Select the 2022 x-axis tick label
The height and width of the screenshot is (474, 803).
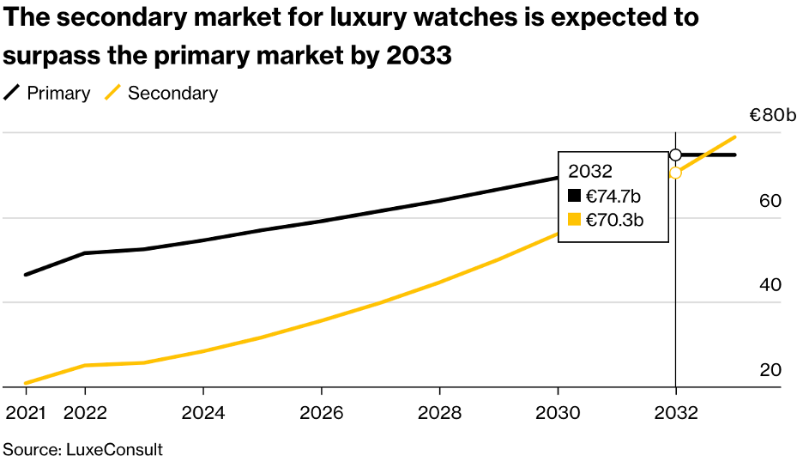[x=85, y=413]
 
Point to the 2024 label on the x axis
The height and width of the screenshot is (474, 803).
[x=203, y=413]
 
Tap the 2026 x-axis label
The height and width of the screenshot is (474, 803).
[x=322, y=413]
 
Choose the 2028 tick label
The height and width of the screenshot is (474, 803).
[x=440, y=413]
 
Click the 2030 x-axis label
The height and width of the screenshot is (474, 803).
[x=558, y=413]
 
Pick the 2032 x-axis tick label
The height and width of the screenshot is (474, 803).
[x=676, y=413]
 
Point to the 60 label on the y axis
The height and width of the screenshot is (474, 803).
[x=770, y=201]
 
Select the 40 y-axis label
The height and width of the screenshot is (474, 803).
[x=770, y=285]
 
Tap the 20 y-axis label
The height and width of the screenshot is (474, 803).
[x=770, y=370]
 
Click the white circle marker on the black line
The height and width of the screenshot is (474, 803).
[x=676, y=155]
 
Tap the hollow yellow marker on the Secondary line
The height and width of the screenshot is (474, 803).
[x=676, y=173]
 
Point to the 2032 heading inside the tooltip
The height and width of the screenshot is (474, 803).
[x=590, y=170]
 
